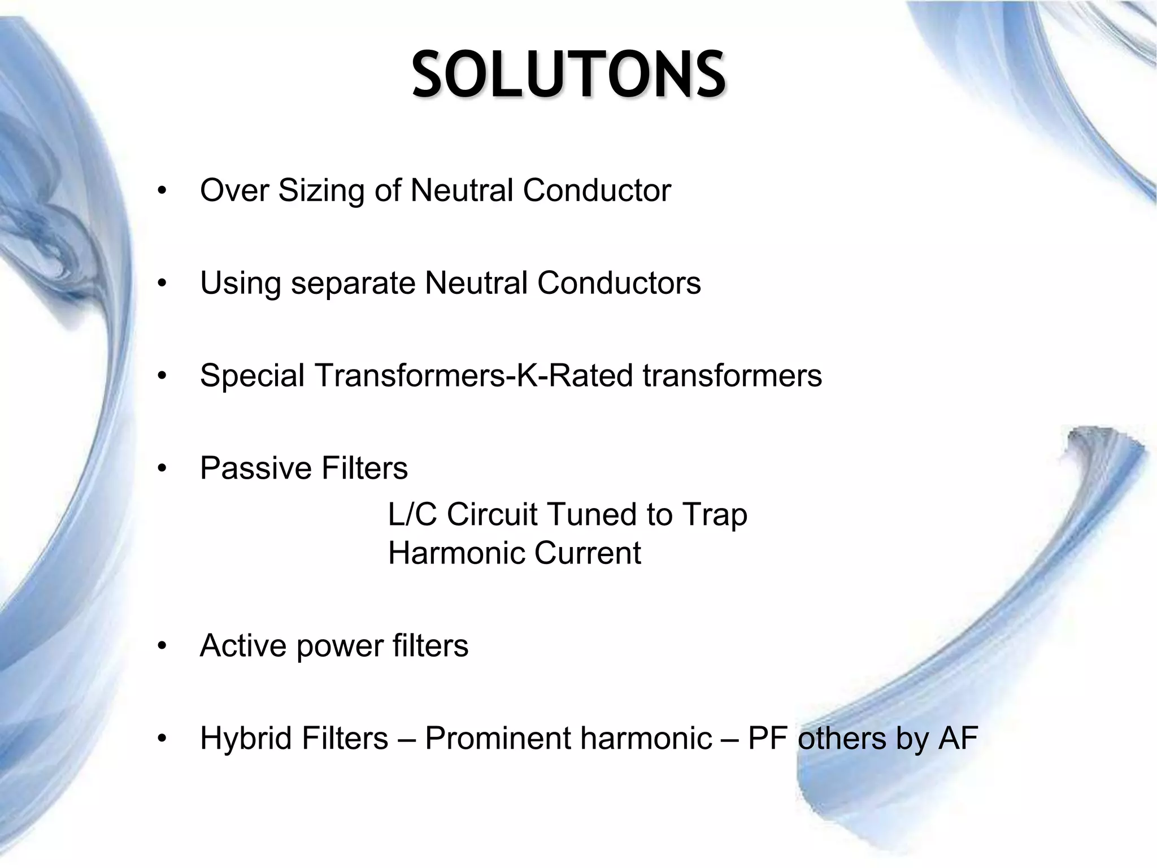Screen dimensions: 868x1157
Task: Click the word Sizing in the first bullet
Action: [x=321, y=190]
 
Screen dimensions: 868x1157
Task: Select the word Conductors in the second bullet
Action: [x=619, y=283]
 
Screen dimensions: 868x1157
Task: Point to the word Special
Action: [x=252, y=375]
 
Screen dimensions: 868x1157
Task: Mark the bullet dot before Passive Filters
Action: [x=163, y=469]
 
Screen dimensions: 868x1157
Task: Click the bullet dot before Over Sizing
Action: [x=163, y=191]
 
